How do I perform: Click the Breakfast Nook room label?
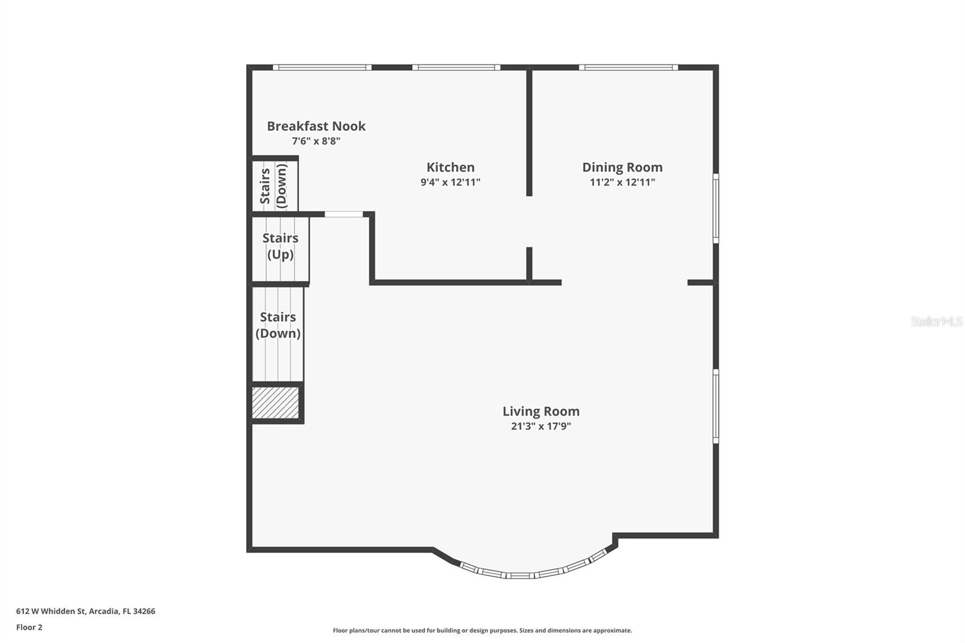point(316,126)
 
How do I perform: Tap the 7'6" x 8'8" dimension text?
point(316,141)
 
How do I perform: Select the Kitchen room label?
point(451,167)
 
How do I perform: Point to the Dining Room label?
point(622,167)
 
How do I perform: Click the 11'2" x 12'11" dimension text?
point(622,182)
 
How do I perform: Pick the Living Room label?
point(541,411)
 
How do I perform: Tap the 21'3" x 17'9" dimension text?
point(541,426)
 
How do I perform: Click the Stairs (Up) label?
point(280,246)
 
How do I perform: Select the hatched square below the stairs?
point(276,402)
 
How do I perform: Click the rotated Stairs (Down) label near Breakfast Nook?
point(273,186)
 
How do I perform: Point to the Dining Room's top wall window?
point(628,68)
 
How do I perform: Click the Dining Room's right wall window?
point(716,208)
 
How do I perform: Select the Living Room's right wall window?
point(716,406)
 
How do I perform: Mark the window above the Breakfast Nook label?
point(321,68)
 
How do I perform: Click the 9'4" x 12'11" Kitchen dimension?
point(451,182)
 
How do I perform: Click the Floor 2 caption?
point(29,627)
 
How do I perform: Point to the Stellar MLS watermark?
point(936,321)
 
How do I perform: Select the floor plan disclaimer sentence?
point(482,630)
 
